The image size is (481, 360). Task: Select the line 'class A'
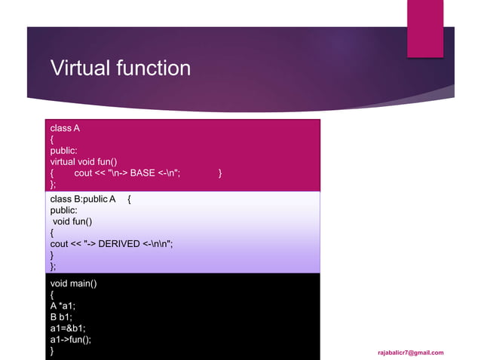click(65, 128)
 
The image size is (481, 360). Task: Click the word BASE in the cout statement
click(142, 173)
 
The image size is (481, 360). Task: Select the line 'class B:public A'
click(82, 200)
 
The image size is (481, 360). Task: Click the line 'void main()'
click(73, 283)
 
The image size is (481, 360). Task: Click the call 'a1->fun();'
click(70, 340)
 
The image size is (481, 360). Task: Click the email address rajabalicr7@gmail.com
click(411, 352)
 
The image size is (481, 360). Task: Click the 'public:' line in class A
click(63, 151)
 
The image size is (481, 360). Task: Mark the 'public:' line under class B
click(63, 211)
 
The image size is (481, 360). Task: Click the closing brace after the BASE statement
click(219, 173)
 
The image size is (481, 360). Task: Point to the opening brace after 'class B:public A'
click(130, 200)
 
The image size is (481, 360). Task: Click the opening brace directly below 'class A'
click(52, 139)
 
